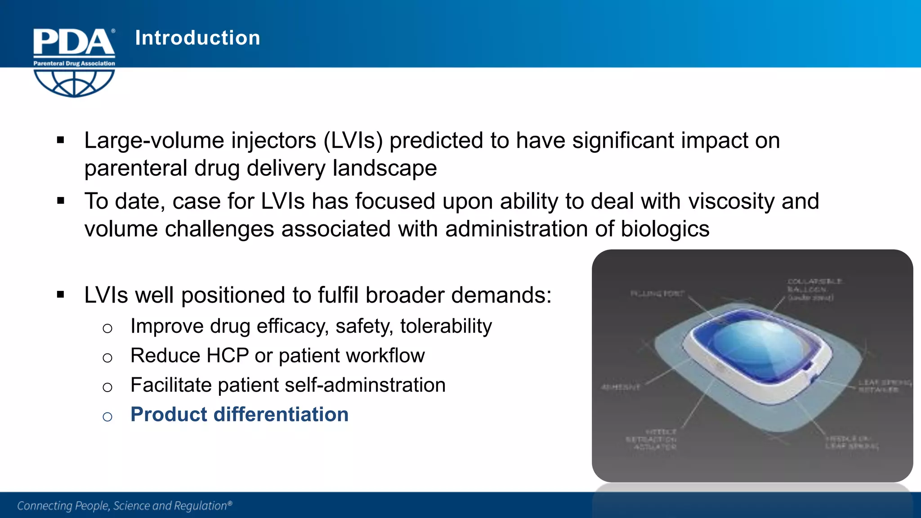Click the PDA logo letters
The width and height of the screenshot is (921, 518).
[x=74, y=42]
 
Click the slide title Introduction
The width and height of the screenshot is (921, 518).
[x=197, y=38]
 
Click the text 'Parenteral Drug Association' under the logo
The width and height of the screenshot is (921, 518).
[x=74, y=63]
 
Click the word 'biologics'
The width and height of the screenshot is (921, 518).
[x=665, y=229]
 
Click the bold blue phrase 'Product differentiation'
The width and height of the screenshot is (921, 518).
[x=239, y=415]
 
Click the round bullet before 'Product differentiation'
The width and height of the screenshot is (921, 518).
[x=107, y=417]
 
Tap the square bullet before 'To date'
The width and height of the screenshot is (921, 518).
[x=61, y=201]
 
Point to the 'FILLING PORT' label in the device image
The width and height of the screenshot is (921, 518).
[x=657, y=294]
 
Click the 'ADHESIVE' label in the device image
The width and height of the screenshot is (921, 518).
[x=621, y=387]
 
